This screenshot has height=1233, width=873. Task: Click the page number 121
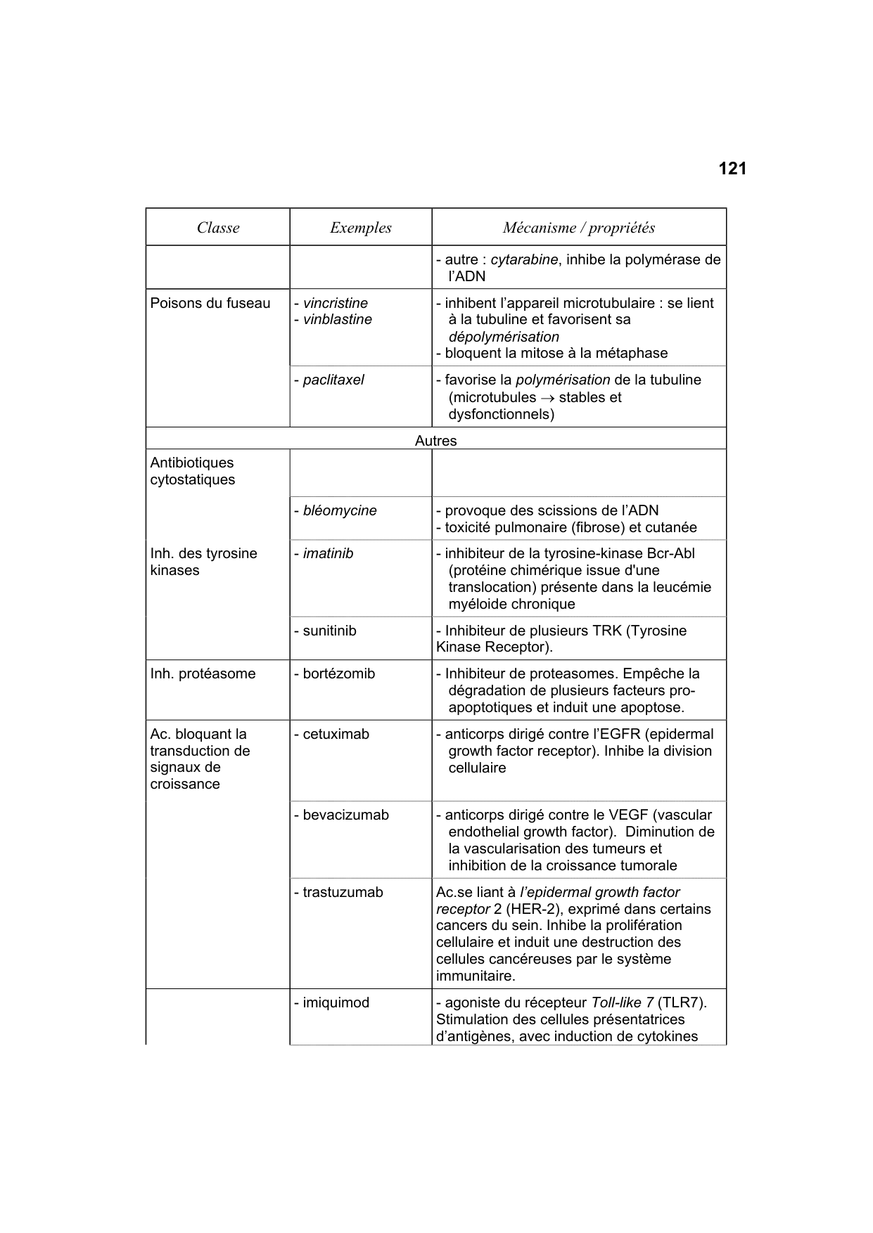[x=732, y=169]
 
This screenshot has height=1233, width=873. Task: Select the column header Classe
[x=218, y=228]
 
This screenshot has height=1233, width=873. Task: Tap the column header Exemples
[x=360, y=228]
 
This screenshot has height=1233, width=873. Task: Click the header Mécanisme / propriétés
[x=578, y=228]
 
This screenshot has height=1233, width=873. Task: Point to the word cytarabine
[x=524, y=260]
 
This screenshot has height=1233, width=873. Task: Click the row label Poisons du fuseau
[x=210, y=304]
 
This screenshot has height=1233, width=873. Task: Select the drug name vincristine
[x=335, y=304]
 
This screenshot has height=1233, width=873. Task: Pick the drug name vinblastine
[x=337, y=320]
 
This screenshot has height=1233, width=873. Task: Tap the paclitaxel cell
[x=333, y=380]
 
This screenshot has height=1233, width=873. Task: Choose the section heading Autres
[x=435, y=441]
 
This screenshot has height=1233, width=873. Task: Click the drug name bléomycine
[x=339, y=511]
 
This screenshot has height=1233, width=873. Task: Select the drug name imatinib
[x=328, y=554]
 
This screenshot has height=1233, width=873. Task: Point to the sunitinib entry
[x=329, y=631]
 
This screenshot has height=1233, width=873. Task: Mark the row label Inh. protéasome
[x=203, y=674]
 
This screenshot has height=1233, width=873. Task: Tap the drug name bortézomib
[x=338, y=674]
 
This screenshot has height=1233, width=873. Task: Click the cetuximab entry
[x=336, y=735]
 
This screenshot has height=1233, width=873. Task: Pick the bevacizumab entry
[x=345, y=815]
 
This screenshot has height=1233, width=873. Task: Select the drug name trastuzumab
[x=343, y=893]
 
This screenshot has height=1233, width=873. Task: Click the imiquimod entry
[x=336, y=1003]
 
